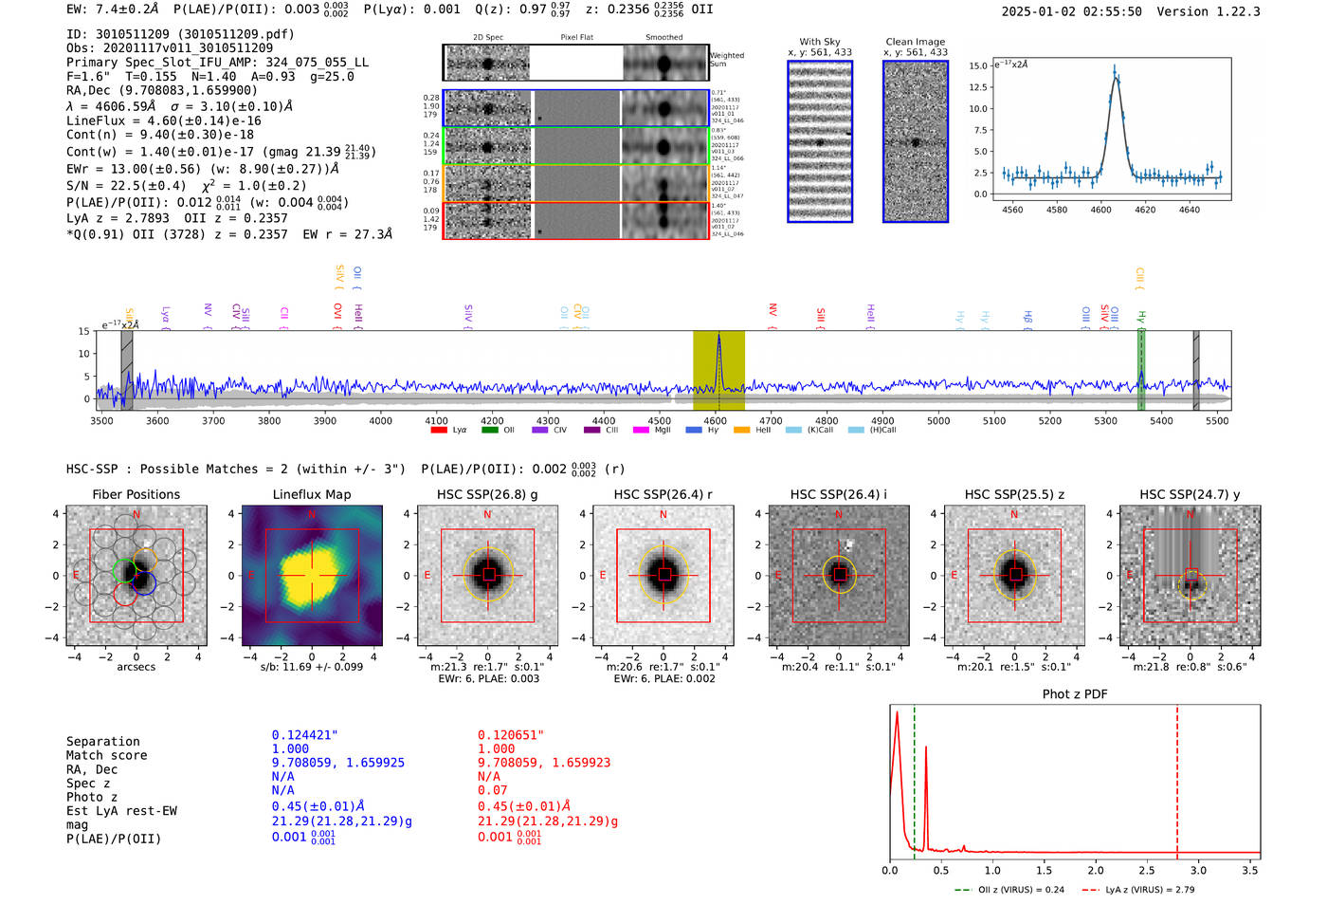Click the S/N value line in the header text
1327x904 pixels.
tap(186, 186)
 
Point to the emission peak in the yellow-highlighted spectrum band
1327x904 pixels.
tap(718, 336)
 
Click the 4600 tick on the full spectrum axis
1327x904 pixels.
tap(716, 420)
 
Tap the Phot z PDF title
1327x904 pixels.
tap(1075, 694)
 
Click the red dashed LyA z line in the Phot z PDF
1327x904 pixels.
tap(1177, 778)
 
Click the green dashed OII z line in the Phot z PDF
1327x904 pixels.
tap(915, 778)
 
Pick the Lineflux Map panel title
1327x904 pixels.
tap(312, 494)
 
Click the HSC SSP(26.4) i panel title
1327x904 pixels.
tap(838, 494)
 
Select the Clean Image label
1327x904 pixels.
tap(915, 42)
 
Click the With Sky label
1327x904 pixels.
tap(819, 42)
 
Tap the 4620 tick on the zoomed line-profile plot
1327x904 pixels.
tap(1145, 210)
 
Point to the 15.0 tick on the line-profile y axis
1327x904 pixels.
tap(978, 66)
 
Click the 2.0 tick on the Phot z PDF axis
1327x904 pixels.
tap(1095, 870)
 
